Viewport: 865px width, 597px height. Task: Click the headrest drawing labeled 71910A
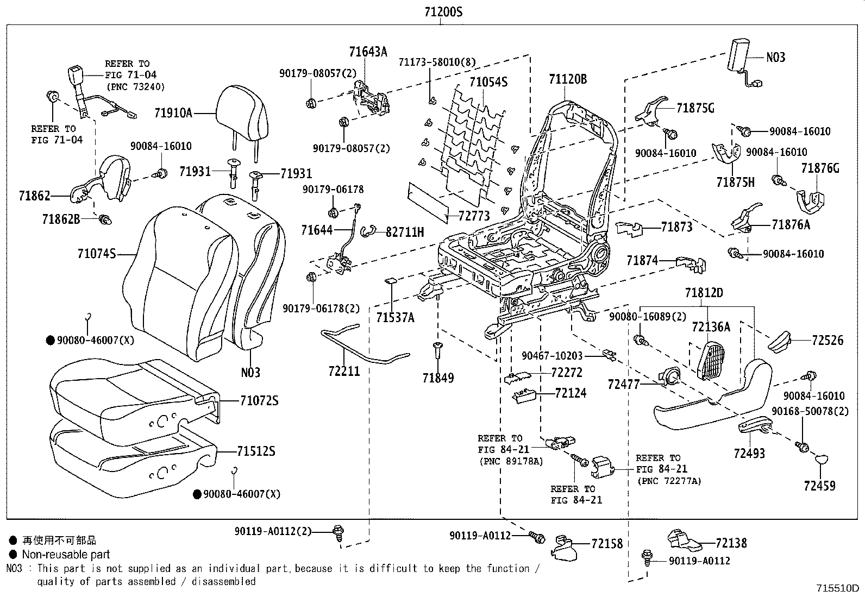(x=242, y=122)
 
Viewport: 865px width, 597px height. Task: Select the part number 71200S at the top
(x=443, y=12)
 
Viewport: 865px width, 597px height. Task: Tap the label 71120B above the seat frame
(x=568, y=79)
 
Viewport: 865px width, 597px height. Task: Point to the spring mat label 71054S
(x=488, y=82)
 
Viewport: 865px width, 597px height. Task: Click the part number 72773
(x=474, y=216)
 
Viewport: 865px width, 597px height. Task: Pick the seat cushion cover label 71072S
(x=259, y=400)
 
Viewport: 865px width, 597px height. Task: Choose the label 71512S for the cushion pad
(x=256, y=451)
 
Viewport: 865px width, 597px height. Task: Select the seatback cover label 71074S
(x=97, y=254)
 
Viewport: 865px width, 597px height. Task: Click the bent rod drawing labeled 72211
(x=365, y=344)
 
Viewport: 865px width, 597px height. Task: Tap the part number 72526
(x=828, y=340)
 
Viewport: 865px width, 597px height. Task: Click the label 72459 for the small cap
(x=819, y=486)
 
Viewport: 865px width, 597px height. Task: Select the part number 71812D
(x=704, y=293)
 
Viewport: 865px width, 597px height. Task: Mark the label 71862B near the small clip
(x=61, y=219)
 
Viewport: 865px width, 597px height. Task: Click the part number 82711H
(x=405, y=232)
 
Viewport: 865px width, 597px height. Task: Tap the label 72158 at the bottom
(x=607, y=544)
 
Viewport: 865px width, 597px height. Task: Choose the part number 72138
(x=731, y=543)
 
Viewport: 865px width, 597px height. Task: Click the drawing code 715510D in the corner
(x=837, y=588)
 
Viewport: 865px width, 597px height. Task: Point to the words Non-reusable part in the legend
(x=66, y=555)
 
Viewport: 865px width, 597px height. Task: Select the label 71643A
(x=368, y=52)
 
